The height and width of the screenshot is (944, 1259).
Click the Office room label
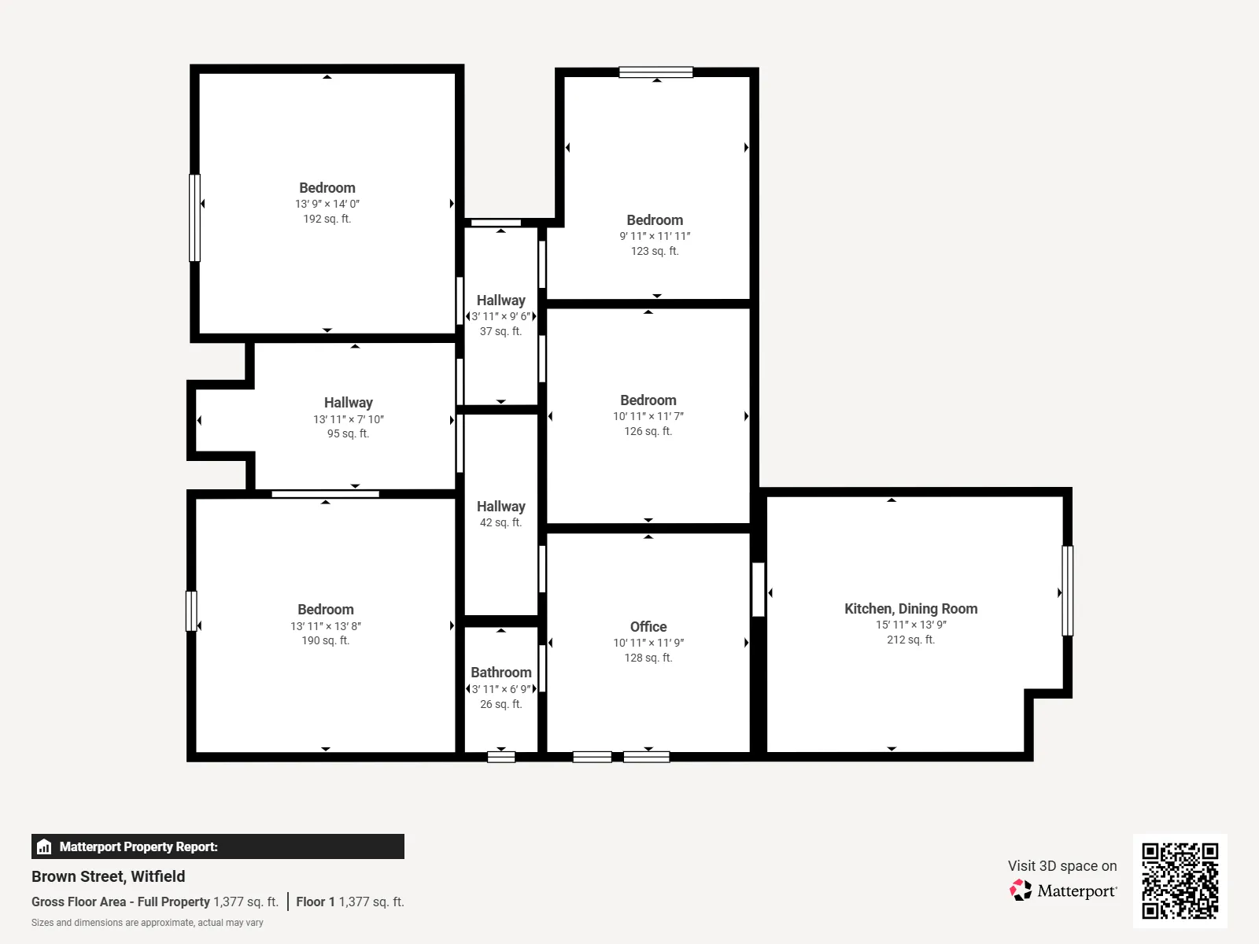[x=648, y=626]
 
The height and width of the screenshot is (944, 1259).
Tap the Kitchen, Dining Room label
[x=911, y=609]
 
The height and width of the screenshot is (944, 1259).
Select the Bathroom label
[x=501, y=673]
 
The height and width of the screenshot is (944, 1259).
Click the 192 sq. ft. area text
[x=327, y=219]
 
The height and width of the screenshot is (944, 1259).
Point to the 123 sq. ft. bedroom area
[x=655, y=250]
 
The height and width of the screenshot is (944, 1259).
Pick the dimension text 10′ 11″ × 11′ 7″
[x=648, y=416]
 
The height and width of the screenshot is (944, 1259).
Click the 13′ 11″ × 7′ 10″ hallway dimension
[x=348, y=419]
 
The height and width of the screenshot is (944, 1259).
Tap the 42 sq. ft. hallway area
[x=500, y=522]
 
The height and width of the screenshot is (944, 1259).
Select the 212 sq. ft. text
[x=911, y=639]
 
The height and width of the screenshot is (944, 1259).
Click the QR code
[x=1180, y=880]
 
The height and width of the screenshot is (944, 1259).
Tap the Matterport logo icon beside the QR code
[x=1021, y=891]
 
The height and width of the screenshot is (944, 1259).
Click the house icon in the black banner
[x=44, y=846]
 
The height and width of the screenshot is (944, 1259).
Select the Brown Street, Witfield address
[x=109, y=876]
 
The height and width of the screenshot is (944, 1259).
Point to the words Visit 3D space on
[x=1062, y=865]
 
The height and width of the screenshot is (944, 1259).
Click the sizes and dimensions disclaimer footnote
[x=147, y=922]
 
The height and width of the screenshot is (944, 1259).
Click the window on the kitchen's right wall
[x=1068, y=590]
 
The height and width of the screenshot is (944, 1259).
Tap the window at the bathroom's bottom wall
[x=501, y=757]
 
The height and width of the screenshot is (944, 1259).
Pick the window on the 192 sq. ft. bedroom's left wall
[x=195, y=218]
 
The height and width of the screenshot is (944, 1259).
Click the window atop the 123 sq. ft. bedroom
[x=656, y=72]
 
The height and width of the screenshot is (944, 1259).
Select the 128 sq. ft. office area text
[x=648, y=658]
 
